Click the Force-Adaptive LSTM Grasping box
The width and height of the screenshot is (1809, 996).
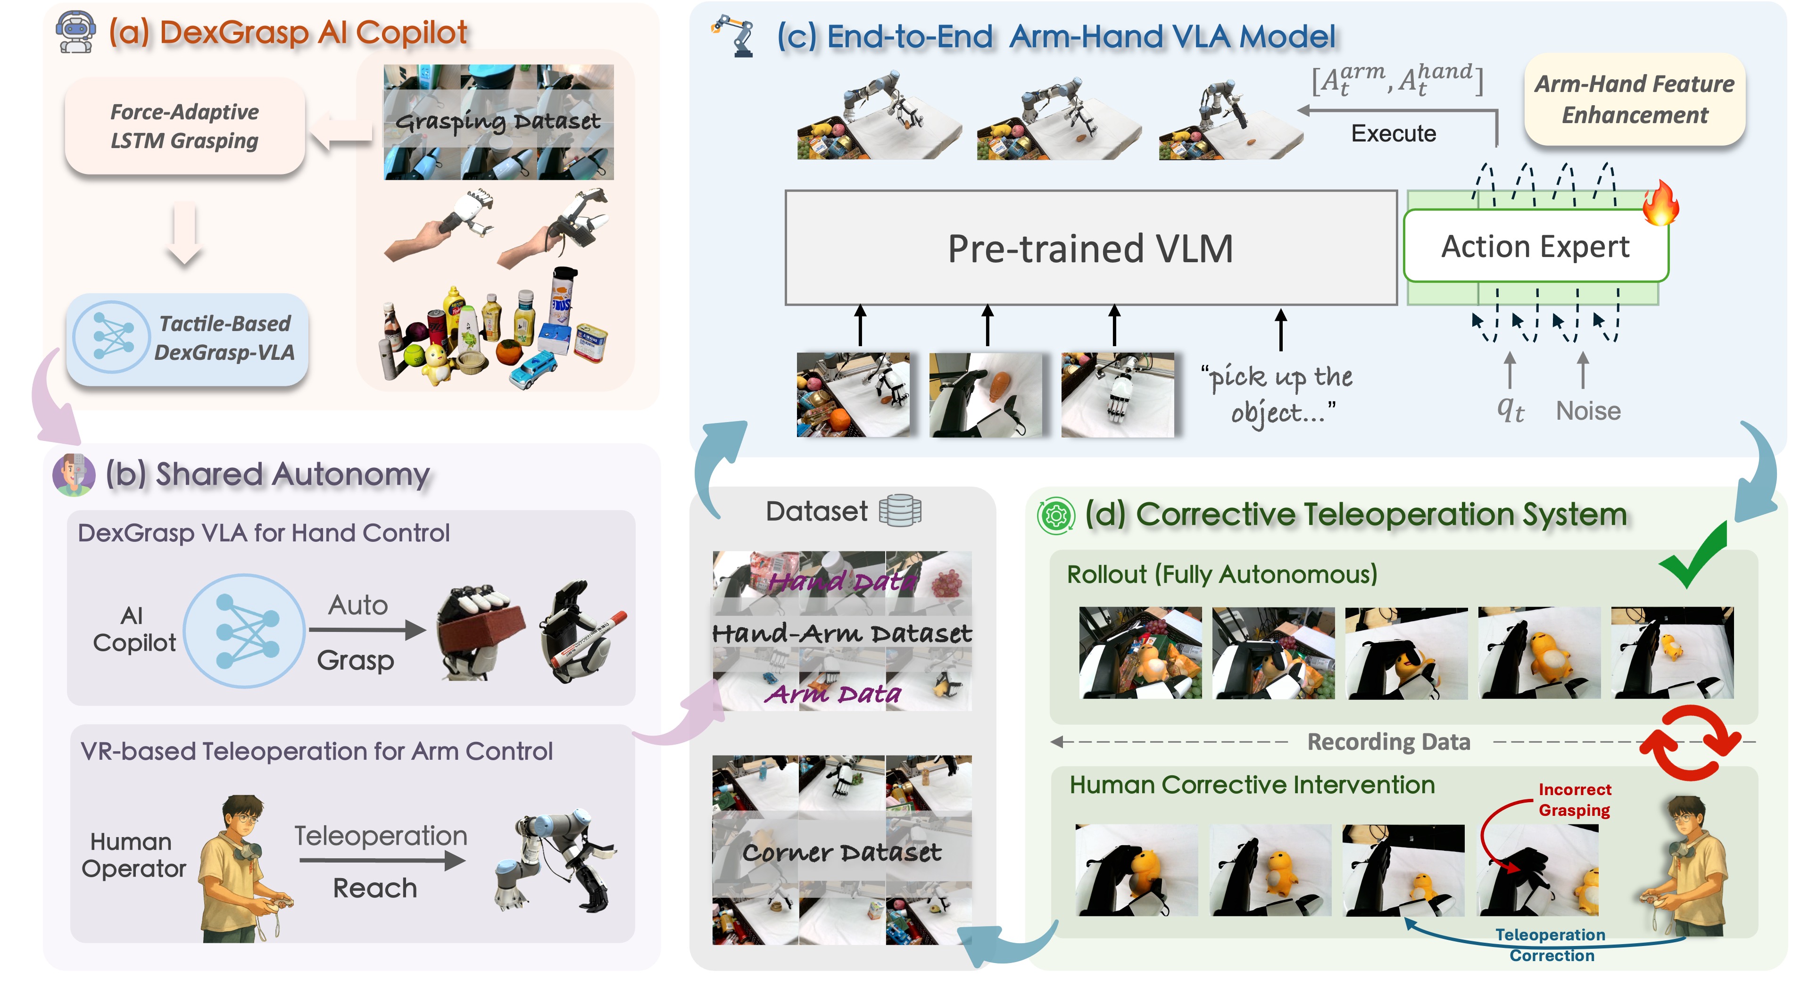[x=185, y=126]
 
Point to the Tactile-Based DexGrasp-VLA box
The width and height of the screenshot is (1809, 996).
[x=188, y=339]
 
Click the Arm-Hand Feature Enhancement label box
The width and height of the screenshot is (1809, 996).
[x=1634, y=99]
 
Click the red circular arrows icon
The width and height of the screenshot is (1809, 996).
[x=1690, y=743]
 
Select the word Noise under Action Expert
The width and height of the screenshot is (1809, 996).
[x=1588, y=411]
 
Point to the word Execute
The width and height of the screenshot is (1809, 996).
[x=1393, y=133]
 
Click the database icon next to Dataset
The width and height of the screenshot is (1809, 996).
[x=900, y=511]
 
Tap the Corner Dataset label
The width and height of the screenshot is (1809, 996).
[x=841, y=853]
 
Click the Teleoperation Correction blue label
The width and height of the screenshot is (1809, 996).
[x=1551, y=945]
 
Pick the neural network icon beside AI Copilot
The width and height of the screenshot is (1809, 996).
[x=244, y=630]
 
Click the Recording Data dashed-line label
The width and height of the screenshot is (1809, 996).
[x=1388, y=742]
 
